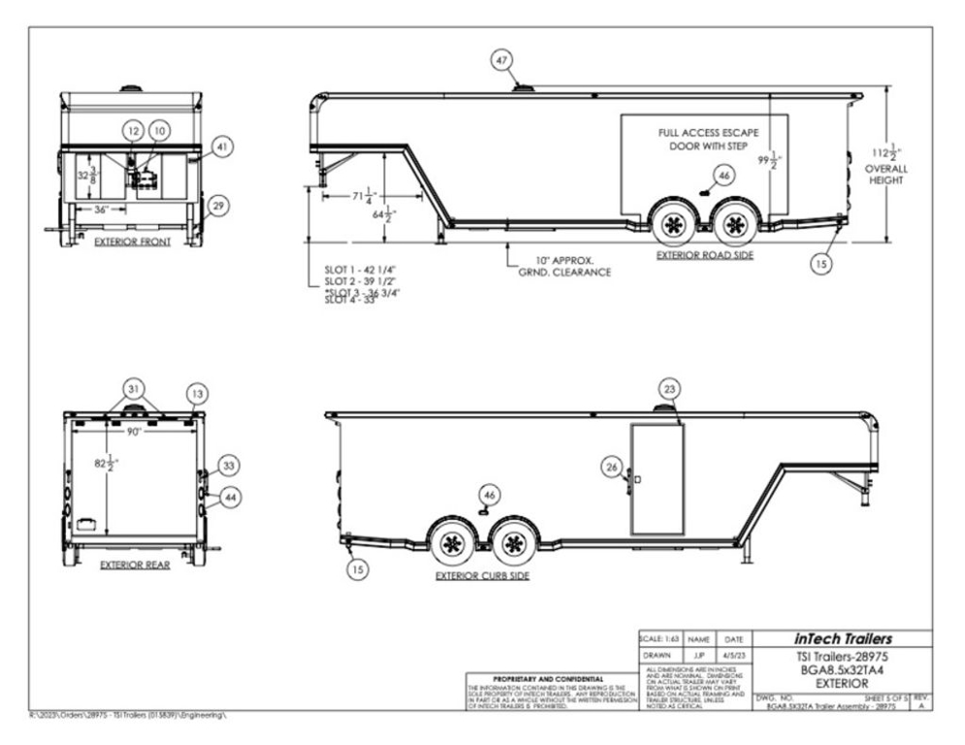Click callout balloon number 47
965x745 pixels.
(x=501, y=60)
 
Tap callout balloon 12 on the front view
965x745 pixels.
(x=133, y=129)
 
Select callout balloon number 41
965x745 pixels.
(x=221, y=147)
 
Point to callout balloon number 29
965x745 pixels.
(x=219, y=206)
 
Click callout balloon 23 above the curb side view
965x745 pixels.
(x=669, y=387)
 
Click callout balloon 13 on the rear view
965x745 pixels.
(x=198, y=393)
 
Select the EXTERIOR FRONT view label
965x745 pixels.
(x=133, y=243)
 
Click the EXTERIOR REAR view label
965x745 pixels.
(x=135, y=565)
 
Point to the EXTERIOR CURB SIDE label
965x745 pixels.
(x=480, y=575)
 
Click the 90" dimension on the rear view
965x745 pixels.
(x=133, y=431)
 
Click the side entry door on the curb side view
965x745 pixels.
(x=658, y=478)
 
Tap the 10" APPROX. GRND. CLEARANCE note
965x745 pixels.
(x=564, y=266)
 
